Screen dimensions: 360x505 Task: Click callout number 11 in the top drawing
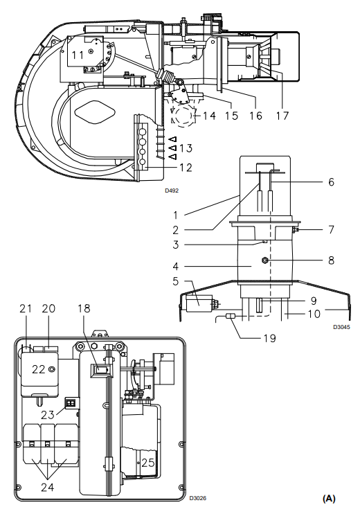click(78, 55)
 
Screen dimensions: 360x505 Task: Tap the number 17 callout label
click(282, 116)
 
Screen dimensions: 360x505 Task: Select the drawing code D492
click(172, 191)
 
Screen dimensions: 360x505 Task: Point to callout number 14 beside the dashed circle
click(209, 115)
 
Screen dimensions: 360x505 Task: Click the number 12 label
click(186, 167)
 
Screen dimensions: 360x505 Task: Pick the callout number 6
click(332, 182)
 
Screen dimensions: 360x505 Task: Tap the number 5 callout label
click(175, 281)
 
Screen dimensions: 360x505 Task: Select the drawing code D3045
click(341, 327)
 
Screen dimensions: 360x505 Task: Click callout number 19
click(270, 338)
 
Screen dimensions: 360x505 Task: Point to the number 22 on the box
click(38, 369)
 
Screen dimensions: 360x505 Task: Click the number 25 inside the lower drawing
click(148, 463)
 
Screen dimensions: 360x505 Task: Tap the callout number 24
click(48, 487)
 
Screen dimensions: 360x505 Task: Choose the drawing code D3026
click(198, 498)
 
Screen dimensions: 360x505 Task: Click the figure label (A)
click(329, 498)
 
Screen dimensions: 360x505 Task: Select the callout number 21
click(26, 308)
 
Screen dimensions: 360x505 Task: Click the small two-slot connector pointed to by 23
click(71, 403)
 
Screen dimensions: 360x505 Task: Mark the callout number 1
click(175, 215)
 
